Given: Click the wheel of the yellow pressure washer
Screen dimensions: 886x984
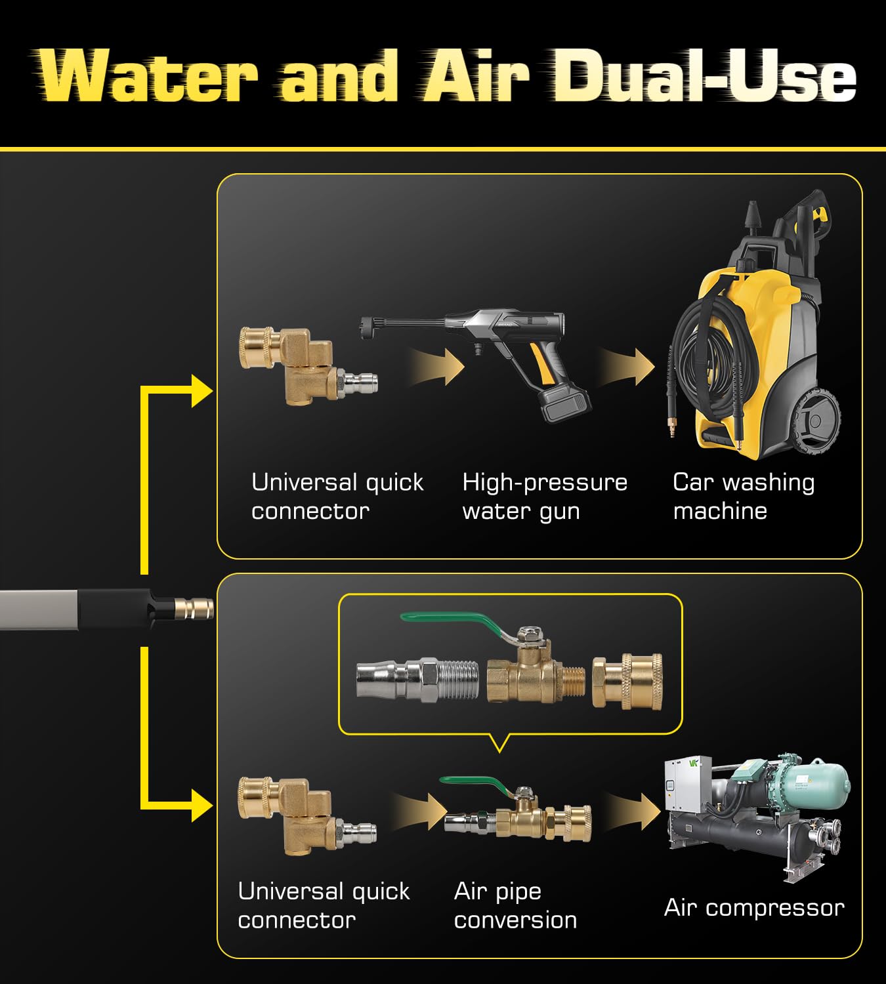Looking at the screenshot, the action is point(815,420).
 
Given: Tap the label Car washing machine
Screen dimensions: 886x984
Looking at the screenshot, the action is point(744,497).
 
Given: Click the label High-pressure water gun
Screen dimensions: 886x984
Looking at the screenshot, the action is point(544,497).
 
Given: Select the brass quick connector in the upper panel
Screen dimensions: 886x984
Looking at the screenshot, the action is point(308,365).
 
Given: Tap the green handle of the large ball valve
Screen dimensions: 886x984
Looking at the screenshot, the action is point(451,623).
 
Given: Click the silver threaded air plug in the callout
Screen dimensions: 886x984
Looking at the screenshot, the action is point(417,680).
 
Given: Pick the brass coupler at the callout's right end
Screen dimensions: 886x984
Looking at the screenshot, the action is point(627,682).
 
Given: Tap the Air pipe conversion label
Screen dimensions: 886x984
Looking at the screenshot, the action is point(515,905).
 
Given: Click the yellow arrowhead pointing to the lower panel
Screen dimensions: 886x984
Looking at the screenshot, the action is point(201,806).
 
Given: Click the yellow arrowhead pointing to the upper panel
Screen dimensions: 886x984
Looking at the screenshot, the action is point(201,391).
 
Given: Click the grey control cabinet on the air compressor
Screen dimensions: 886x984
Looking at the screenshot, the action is point(687,784).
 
